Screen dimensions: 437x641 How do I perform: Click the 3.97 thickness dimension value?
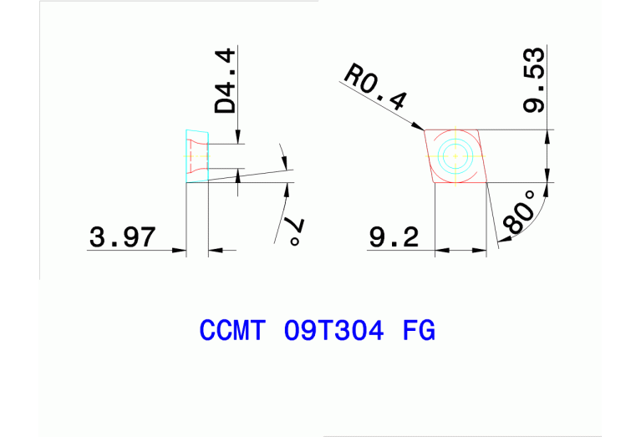tap(122, 237)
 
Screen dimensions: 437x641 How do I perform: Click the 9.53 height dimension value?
tap(534, 80)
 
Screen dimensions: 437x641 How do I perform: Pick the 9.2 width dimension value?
tap(394, 237)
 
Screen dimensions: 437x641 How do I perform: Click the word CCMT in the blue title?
tap(232, 331)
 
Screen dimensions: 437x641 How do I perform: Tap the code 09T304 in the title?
tap(334, 331)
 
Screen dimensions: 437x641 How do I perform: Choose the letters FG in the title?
tap(419, 331)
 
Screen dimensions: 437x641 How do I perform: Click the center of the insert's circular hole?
tap(455, 155)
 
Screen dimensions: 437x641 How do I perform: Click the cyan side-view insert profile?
tap(196, 156)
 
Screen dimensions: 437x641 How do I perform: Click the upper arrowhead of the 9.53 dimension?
tap(547, 136)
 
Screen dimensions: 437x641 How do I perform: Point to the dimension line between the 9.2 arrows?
tap(461, 249)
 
